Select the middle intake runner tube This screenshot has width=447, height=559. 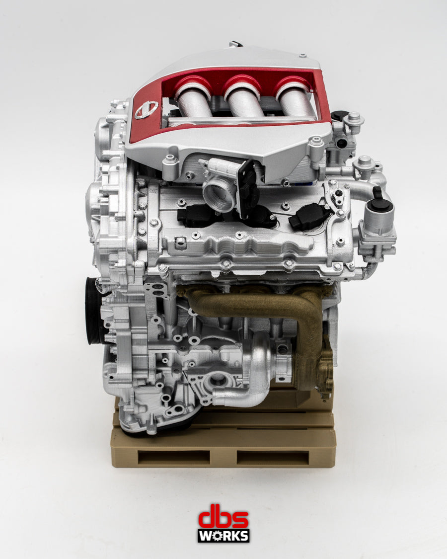tap(244, 102)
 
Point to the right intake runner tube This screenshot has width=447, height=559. tap(295, 102)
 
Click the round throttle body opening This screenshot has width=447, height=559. tap(218, 191)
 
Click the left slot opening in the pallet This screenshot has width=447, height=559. tap(173, 457)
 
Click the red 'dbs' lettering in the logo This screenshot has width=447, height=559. tap(223, 518)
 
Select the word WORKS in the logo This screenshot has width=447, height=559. tap(223, 536)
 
